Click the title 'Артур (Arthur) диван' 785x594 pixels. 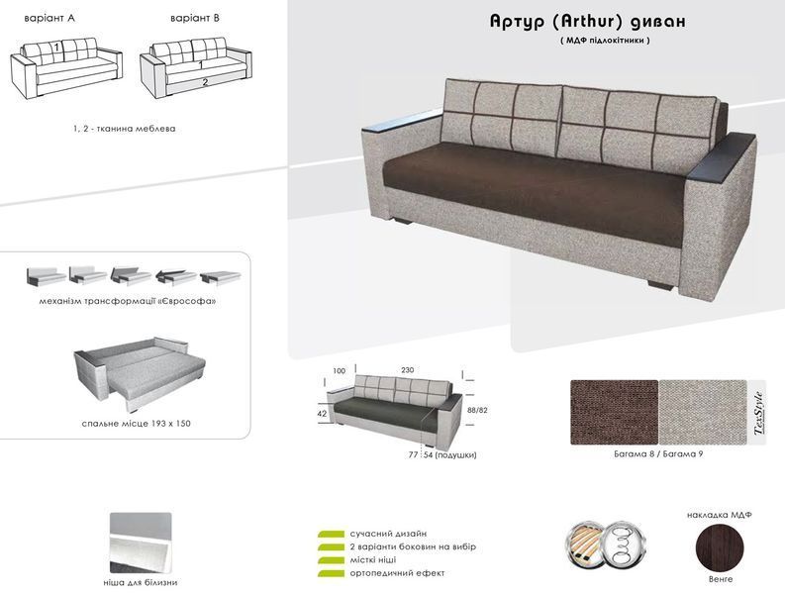587,21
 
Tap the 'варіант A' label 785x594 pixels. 49,19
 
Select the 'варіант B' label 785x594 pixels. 195,19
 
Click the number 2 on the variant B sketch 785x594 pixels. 205,82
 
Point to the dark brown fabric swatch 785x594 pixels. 615,412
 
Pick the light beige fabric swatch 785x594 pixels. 703,412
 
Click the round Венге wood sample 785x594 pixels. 721,546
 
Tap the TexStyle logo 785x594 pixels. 758,412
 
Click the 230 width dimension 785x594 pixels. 408,370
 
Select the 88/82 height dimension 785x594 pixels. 476,410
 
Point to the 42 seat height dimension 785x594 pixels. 322,414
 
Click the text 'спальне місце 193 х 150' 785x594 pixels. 137,423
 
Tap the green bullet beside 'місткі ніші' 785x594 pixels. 331,560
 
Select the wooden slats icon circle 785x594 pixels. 586,544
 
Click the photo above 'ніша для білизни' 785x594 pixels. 141,543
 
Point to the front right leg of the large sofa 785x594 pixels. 662,284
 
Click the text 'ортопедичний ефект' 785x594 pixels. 398,573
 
